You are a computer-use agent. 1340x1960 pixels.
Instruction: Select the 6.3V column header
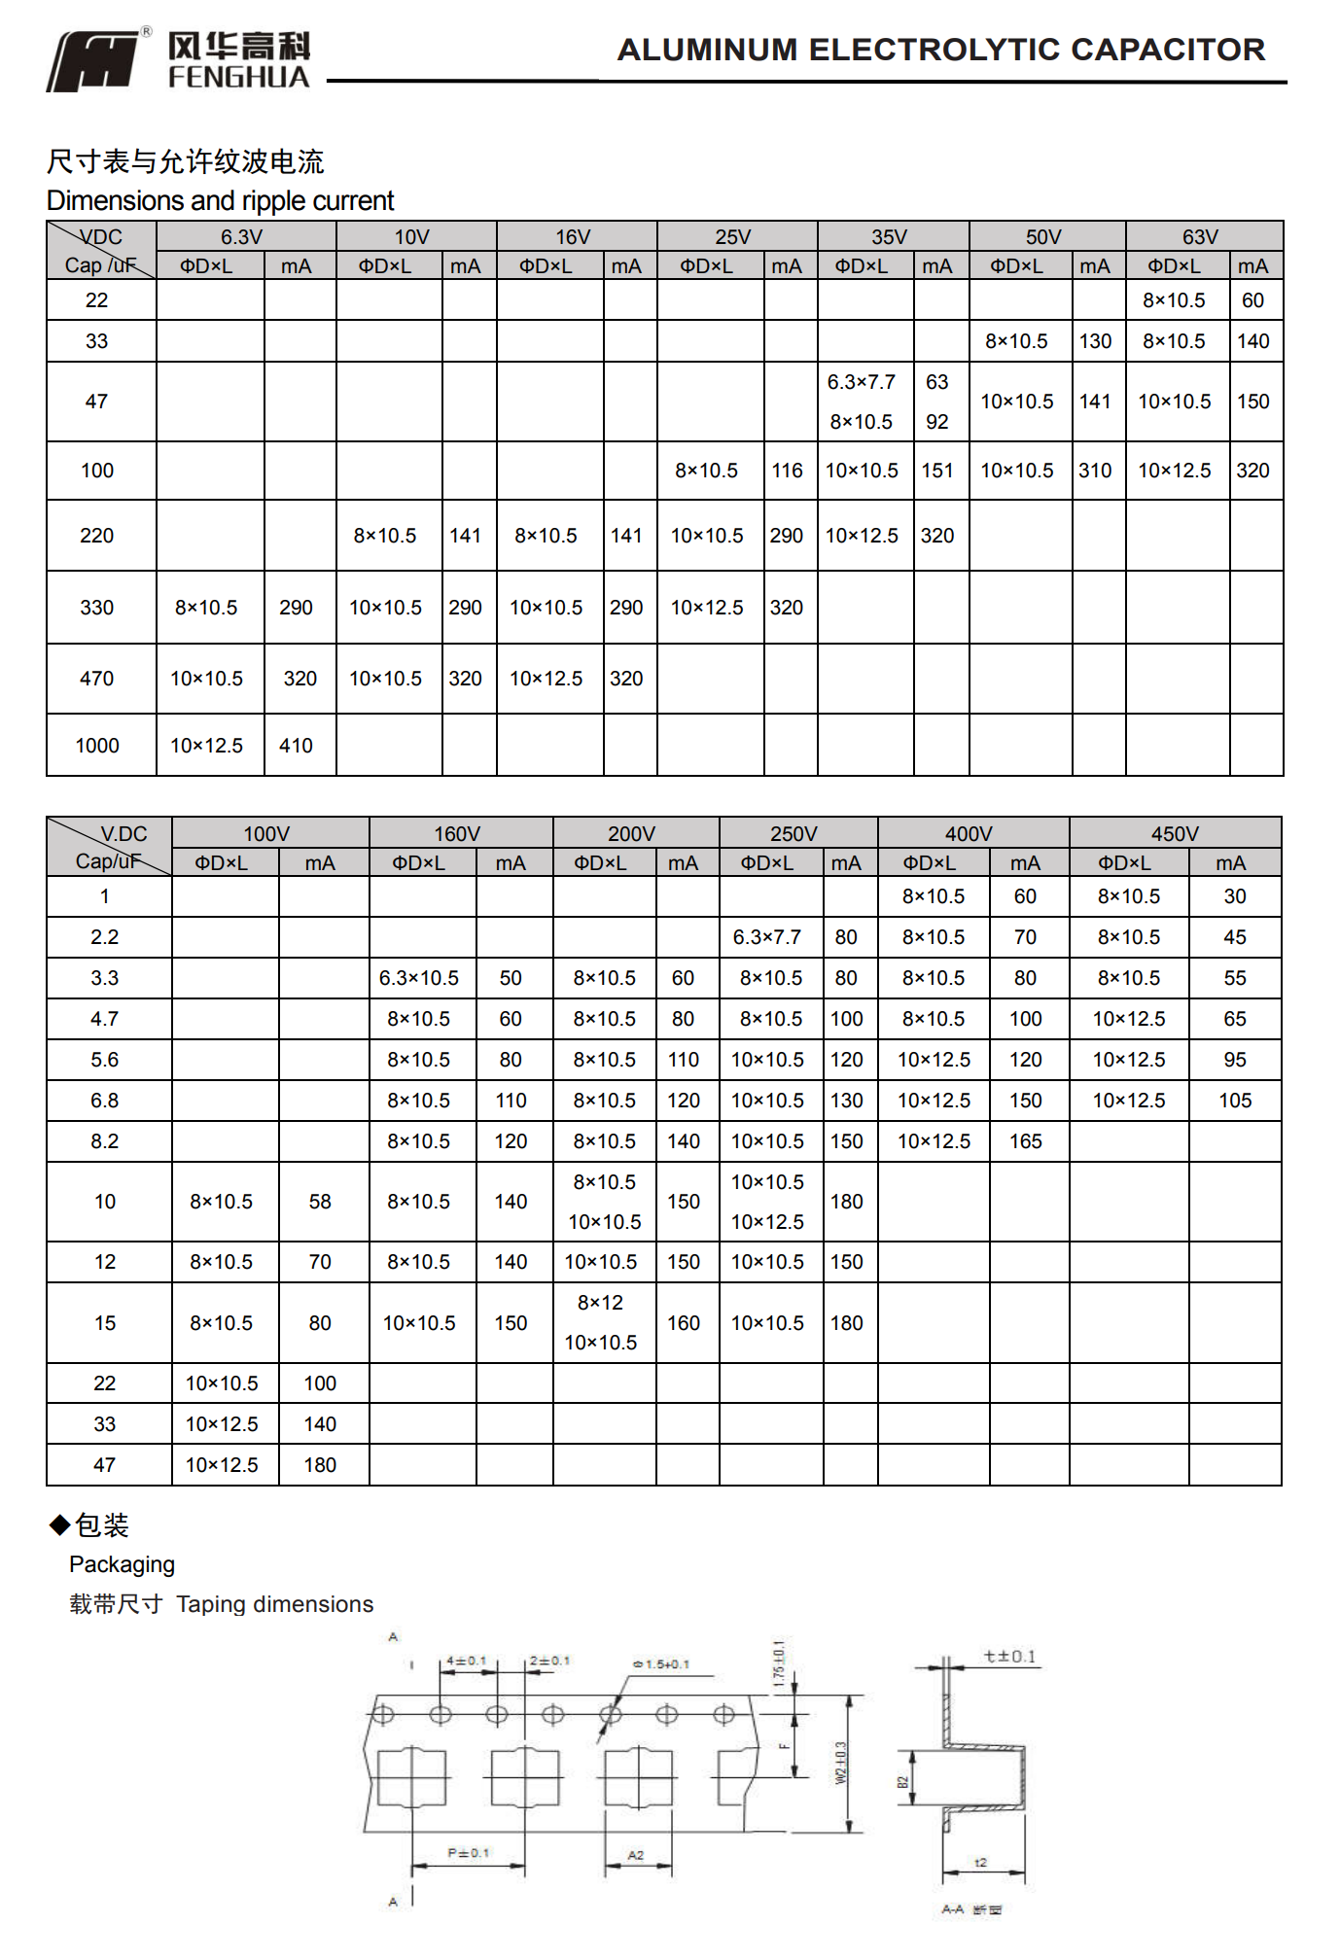[241, 237]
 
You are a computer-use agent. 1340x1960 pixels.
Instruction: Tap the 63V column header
[1200, 237]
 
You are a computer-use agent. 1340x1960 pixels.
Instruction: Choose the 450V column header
[1175, 834]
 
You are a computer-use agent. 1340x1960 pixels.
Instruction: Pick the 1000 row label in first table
[97, 746]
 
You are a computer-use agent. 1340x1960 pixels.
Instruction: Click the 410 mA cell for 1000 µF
[296, 746]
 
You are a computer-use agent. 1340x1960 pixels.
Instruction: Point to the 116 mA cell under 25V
[787, 471]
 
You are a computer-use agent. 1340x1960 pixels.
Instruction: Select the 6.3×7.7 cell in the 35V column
[862, 382]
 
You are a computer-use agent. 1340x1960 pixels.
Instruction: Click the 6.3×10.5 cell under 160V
[419, 978]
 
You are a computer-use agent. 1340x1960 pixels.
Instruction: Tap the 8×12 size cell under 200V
[600, 1303]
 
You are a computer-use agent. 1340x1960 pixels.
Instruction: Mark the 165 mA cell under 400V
[1025, 1141]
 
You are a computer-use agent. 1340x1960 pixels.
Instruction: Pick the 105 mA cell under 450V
[1235, 1101]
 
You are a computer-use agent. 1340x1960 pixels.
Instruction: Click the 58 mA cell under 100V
[320, 1202]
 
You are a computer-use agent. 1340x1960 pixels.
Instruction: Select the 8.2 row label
[104, 1141]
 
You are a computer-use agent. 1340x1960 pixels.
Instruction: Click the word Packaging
[122, 1564]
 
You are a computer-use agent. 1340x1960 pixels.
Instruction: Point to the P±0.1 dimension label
[468, 1853]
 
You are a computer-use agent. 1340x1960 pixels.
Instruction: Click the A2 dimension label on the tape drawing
[635, 1855]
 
